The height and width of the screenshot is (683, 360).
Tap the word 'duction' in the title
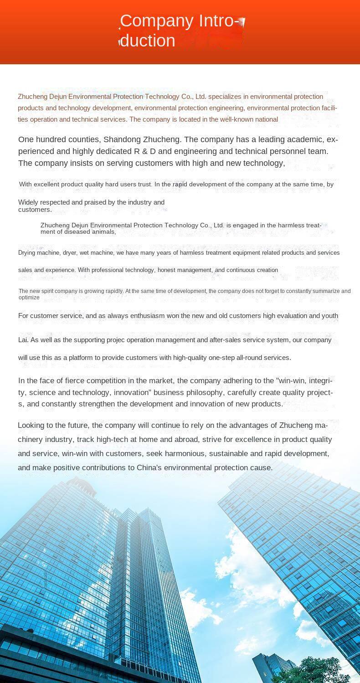pyautogui.click(x=147, y=41)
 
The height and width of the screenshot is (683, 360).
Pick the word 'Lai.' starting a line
pyautogui.click(x=23, y=340)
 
